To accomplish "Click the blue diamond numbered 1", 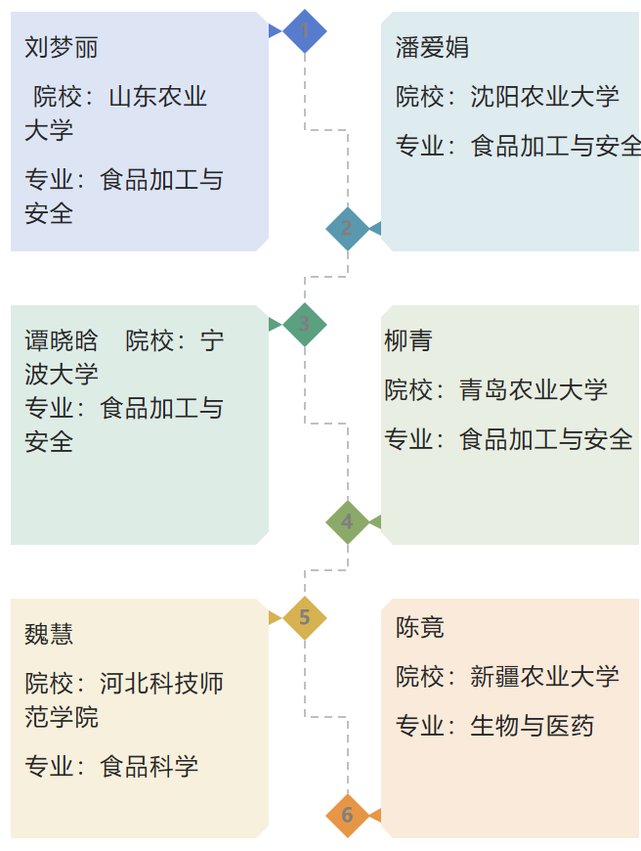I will coord(304,31).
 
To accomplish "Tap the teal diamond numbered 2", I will coord(347,229).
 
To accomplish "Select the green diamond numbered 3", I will coord(304,325).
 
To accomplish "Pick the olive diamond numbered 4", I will coord(347,522).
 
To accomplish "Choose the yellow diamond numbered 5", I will coord(304,618).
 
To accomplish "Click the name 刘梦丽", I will coord(62,47).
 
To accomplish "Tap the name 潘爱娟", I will coord(433,47).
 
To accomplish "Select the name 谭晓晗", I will coord(62,340).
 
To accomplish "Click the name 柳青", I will coord(408,340).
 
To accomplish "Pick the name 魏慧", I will coord(49,634).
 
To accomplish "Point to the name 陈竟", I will coord(420,626).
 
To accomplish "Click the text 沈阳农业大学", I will coord(544,97).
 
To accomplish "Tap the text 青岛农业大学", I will coord(533,390).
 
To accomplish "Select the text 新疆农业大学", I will coord(544,676).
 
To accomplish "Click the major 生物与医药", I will coord(532,726).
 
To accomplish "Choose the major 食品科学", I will coord(149,767).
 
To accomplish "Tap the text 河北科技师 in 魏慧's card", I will coord(161,684).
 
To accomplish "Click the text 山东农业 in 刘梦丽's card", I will coord(157,97).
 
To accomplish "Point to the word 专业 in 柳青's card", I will coord(408,440).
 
